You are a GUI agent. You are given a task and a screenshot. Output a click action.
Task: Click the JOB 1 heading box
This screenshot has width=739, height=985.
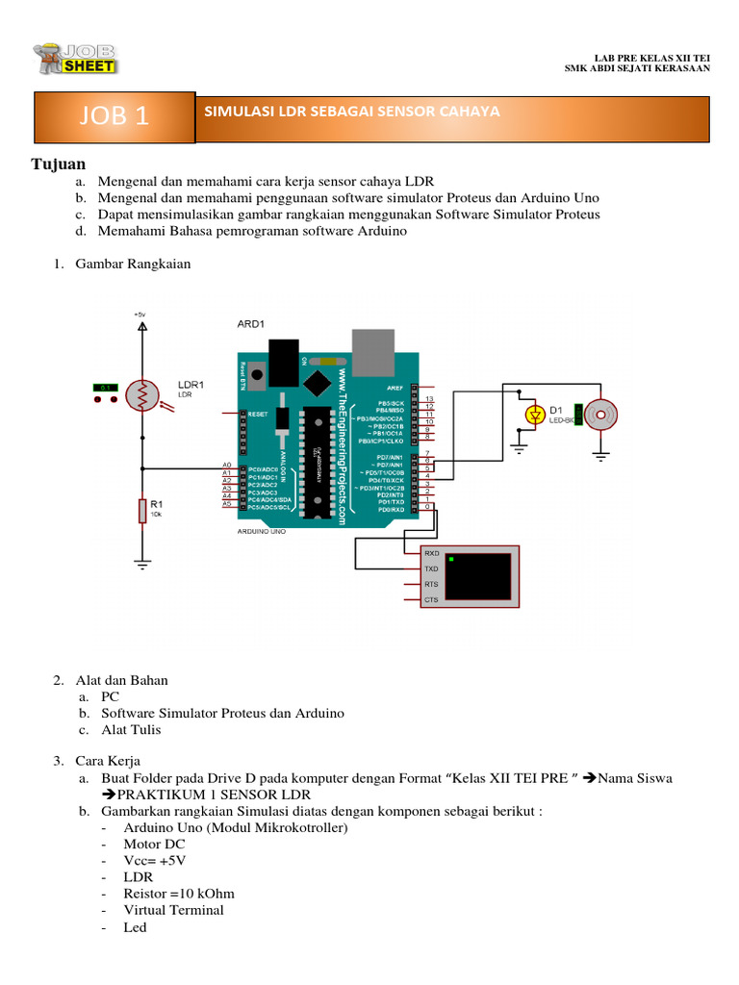tap(115, 116)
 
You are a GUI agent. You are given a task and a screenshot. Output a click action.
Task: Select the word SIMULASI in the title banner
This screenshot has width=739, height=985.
tap(236, 112)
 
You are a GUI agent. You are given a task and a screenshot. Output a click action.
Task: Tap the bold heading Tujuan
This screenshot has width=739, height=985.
tap(60, 164)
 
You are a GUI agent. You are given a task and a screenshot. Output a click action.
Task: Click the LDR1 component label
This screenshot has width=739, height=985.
tap(191, 384)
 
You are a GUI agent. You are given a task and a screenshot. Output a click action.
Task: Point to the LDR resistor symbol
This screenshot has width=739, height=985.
tap(142, 393)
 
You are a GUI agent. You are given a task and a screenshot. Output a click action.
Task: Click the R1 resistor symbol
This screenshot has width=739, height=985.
tap(142, 512)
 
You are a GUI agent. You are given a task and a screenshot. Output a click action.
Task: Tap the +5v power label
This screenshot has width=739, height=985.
tap(141, 315)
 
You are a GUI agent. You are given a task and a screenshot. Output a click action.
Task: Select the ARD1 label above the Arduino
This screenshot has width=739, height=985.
tap(252, 324)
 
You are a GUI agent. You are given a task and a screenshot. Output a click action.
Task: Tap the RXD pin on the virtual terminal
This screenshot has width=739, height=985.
tap(432, 554)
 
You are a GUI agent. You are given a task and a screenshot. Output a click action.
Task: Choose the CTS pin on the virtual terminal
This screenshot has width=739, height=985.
tap(432, 600)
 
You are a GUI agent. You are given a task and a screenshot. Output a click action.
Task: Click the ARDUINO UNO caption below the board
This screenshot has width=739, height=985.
tap(263, 531)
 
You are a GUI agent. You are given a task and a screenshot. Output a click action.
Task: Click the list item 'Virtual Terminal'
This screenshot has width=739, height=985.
tap(173, 910)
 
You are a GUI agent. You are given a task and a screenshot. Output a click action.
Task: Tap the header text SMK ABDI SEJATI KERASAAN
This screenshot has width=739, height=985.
tap(636, 68)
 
